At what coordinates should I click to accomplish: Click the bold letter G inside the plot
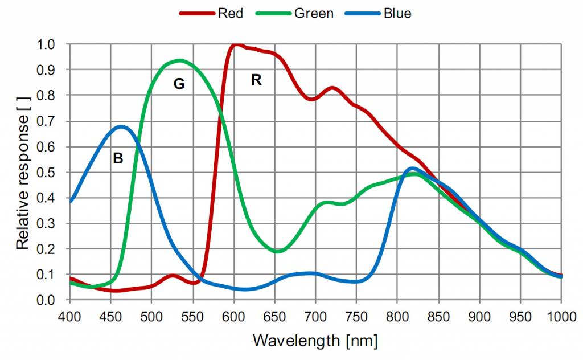(x=179, y=84)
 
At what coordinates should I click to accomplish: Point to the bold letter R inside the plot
(x=256, y=80)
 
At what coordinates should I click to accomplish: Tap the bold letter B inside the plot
(x=118, y=159)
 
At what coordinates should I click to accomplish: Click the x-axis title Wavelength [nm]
(x=315, y=341)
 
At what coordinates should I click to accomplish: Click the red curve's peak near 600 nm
(x=235, y=44)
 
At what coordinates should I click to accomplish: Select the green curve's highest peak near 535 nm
(x=180, y=60)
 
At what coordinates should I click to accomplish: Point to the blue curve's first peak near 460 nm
(x=121, y=126)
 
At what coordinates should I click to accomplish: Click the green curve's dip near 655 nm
(x=277, y=251)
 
